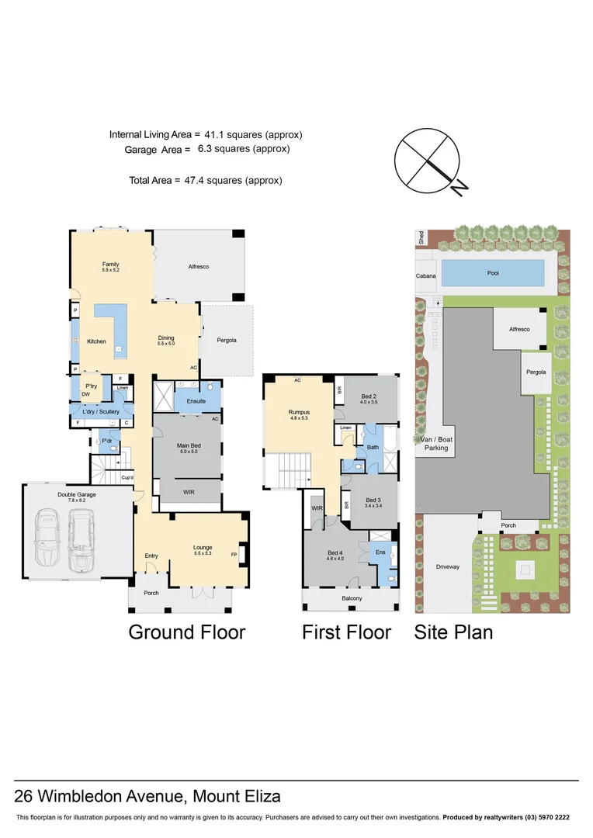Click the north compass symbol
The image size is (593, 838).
[x=428, y=161]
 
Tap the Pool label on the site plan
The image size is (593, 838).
[x=493, y=273]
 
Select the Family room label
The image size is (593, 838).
[x=111, y=264]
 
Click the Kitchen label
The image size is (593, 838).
[x=97, y=341]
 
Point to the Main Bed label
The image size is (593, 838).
[x=189, y=445]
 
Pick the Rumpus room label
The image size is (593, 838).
[x=299, y=412]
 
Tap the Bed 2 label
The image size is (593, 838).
[x=369, y=396]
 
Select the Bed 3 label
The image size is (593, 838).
[x=373, y=500]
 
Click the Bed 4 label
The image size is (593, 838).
[x=335, y=552]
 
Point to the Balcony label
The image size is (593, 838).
[x=352, y=598]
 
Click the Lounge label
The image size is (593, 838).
[x=203, y=547]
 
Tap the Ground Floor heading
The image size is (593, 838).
[x=186, y=632]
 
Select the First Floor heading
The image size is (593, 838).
[x=346, y=632]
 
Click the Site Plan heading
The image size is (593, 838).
[x=453, y=632]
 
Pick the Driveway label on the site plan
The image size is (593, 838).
[x=448, y=566]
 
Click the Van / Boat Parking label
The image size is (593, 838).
[x=436, y=444]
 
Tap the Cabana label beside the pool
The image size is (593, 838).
[x=425, y=276]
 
